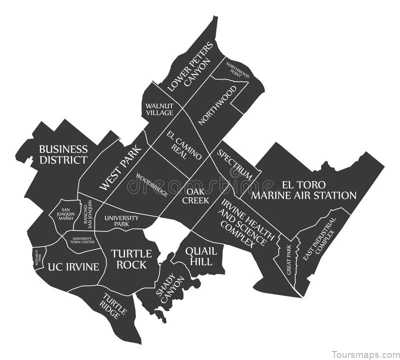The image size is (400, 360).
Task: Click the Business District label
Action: point(63,154)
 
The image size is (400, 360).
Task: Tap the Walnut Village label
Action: point(159,109)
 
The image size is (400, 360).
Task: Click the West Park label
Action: point(120,167)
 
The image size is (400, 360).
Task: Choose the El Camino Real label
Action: point(184,144)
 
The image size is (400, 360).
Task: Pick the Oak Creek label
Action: point(195,195)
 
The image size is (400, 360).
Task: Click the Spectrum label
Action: point(234,164)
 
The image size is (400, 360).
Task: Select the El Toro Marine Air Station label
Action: point(303,189)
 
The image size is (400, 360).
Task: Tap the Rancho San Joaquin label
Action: point(89,213)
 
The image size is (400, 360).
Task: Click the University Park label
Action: point(121,221)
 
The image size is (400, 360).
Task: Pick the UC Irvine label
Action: point(73,266)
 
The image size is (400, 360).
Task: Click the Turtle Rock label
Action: point(129,259)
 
